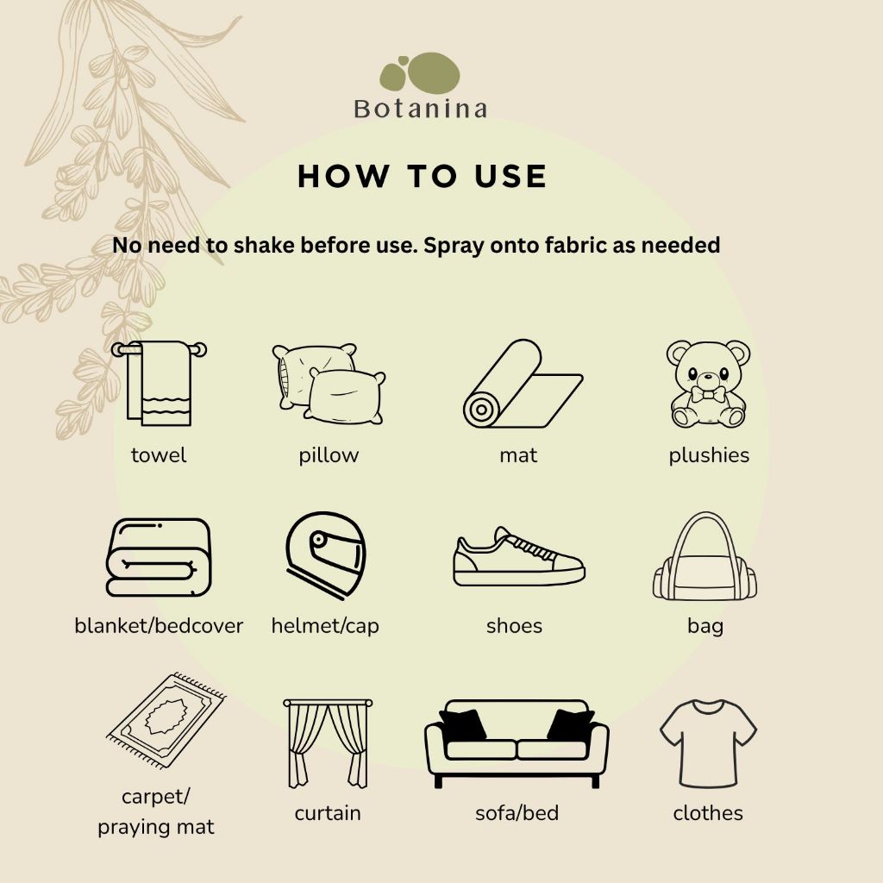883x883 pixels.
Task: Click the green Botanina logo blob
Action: [x=420, y=73]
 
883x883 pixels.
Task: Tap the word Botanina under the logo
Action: [x=420, y=110]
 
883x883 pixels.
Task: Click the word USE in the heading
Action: [x=510, y=176]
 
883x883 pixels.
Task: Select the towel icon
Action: [x=159, y=383]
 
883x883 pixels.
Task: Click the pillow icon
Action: [x=329, y=384]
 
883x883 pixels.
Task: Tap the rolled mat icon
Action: [x=523, y=384]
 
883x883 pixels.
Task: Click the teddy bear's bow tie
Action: [x=709, y=394]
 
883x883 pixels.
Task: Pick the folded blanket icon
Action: [x=159, y=558]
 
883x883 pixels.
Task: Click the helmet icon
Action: [x=325, y=555]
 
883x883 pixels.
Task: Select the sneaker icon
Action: [x=518, y=557]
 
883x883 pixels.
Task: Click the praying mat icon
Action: [x=166, y=720]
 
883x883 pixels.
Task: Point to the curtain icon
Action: [x=328, y=742]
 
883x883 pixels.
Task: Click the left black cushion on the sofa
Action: [x=463, y=725]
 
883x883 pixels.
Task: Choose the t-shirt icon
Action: [x=708, y=743]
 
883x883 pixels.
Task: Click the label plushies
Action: [x=709, y=455]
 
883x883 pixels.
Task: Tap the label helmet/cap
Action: [x=325, y=626]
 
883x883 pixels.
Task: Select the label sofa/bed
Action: [x=517, y=813]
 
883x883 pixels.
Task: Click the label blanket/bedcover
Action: [x=159, y=626]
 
